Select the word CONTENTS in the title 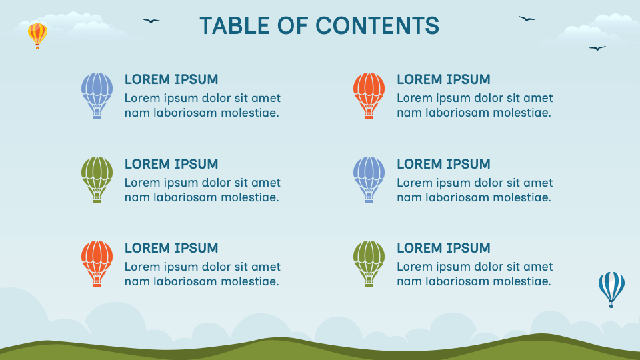click(377, 26)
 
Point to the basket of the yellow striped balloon click(37, 47)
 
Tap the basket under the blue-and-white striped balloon click(611, 305)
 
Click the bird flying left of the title click(151, 21)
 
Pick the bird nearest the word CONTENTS click(527, 19)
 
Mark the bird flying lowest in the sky click(597, 48)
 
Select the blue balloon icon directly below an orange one click(369, 180)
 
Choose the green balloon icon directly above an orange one click(97, 180)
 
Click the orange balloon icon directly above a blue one click(369, 96)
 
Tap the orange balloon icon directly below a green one click(97, 264)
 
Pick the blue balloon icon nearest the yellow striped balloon click(97, 96)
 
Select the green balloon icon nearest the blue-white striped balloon click(369, 264)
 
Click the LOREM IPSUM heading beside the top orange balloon click(444, 79)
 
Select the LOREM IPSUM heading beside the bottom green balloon click(444, 248)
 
